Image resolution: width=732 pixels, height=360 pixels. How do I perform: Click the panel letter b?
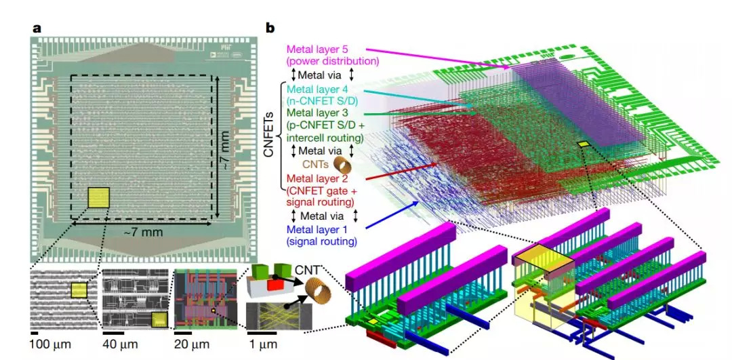click(270, 28)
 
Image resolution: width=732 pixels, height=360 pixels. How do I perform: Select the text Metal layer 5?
click(319, 49)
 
